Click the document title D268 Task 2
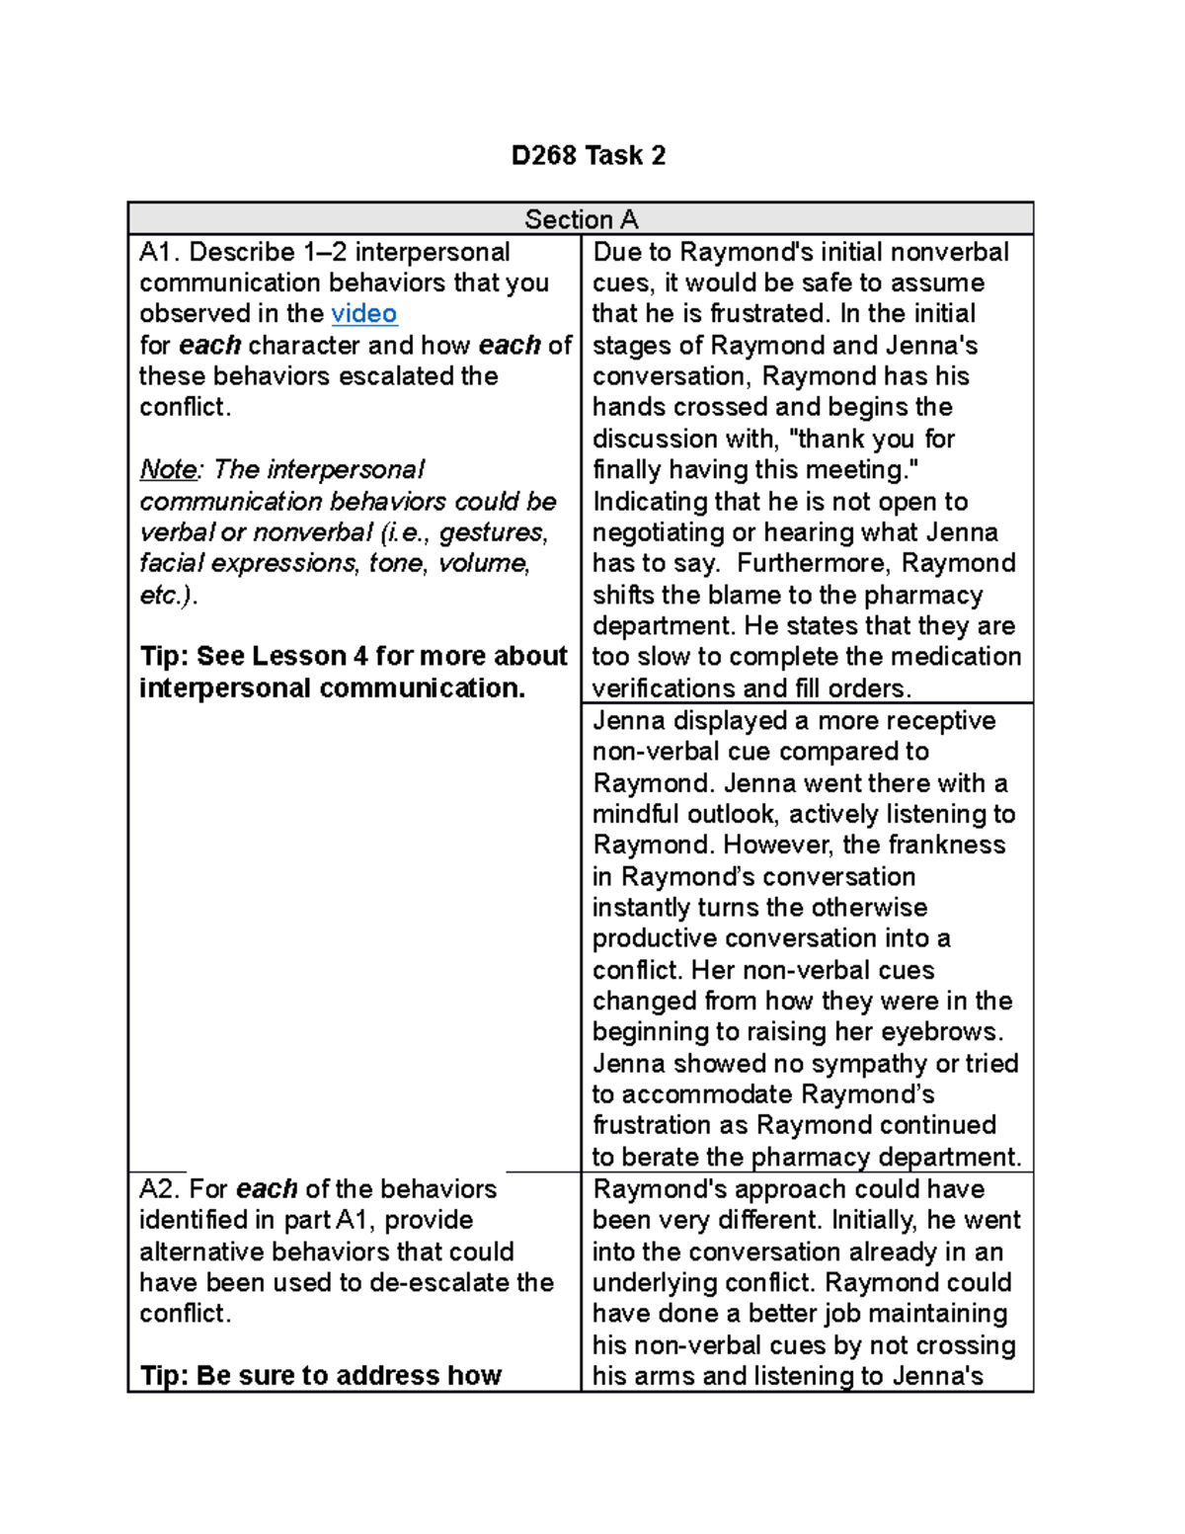point(589,155)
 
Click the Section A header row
point(581,219)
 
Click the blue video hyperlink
point(363,313)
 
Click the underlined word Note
point(168,469)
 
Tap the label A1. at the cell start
point(160,252)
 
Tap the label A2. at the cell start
point(160,1188)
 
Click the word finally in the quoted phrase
point(626,469)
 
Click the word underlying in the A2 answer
point(654,1282)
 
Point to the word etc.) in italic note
point(168,595)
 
